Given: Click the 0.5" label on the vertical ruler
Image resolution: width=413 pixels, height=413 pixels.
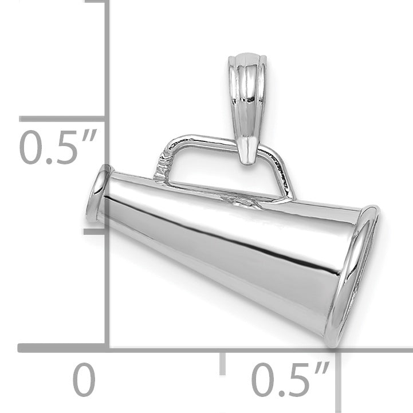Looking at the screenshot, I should (58, 148).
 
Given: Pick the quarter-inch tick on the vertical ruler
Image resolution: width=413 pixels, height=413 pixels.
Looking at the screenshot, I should (95, 231).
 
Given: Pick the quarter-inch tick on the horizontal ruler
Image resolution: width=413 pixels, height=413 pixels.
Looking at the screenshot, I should (223, 361).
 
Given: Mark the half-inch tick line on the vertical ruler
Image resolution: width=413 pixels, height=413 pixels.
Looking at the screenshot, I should (63, 119).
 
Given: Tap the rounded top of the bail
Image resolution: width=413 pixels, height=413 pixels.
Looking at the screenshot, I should (245, 57).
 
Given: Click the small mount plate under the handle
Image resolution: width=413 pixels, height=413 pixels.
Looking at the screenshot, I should (243, 201).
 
